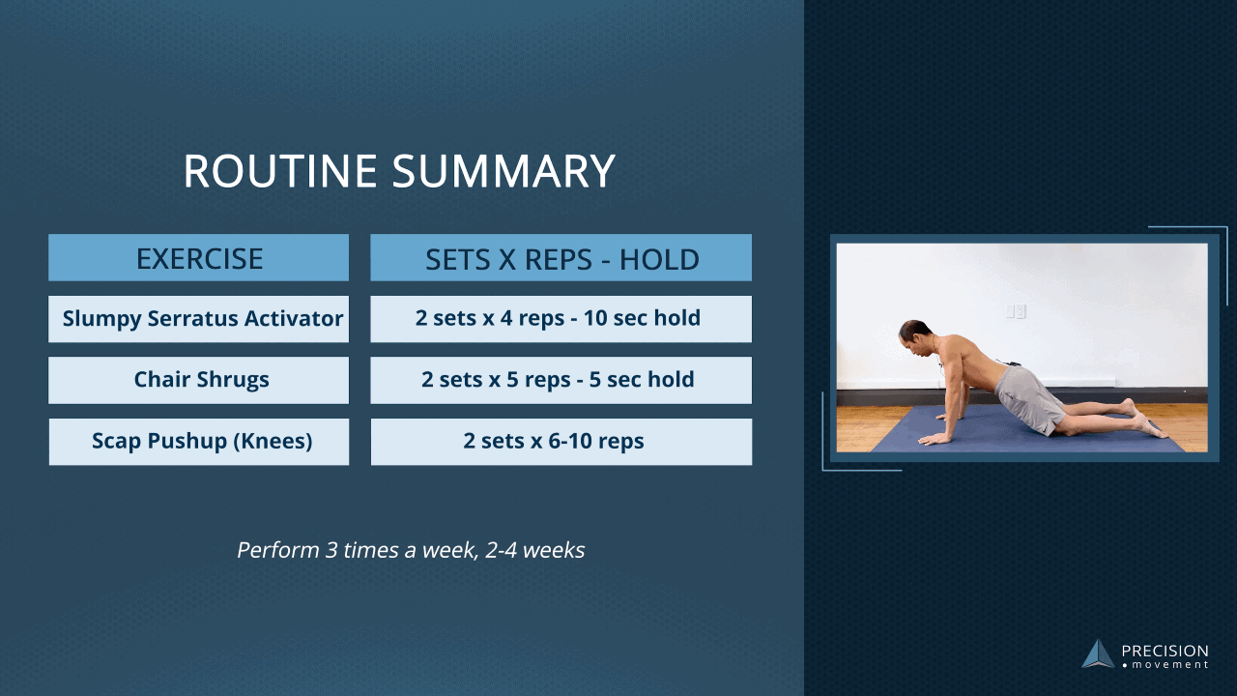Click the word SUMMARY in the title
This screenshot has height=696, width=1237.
503,171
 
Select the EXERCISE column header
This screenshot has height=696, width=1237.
199,258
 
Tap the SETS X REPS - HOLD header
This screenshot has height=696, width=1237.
561,259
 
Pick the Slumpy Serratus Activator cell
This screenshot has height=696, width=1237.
199,319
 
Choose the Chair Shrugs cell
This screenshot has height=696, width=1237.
199,380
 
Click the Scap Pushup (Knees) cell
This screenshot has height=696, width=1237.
199,442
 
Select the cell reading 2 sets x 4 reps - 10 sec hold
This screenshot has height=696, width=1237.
561,319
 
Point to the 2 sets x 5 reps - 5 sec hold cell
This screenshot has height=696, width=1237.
561,380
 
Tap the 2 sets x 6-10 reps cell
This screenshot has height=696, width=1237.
561,442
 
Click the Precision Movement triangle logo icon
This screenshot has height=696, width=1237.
1098,654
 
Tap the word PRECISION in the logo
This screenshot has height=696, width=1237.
1165,652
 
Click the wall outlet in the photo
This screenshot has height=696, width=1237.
1015,311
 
